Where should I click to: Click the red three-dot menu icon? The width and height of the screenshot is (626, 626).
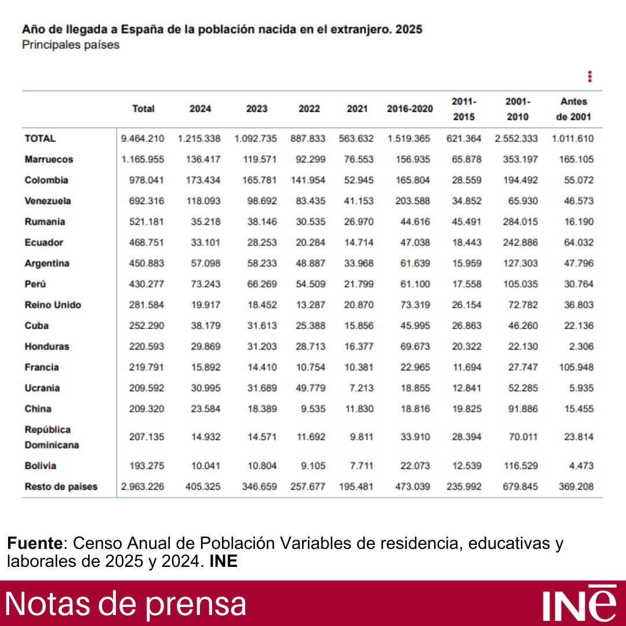[x=589, y=77]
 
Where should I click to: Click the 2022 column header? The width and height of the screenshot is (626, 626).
[x=309, y=108]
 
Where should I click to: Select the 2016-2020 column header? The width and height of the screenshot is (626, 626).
[x=410, y=108]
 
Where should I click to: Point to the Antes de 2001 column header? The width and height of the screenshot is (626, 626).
[x=573, y=109]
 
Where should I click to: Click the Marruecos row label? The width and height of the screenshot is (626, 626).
[x=49, y=159]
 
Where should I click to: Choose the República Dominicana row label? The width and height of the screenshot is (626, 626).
[x=52, y=438]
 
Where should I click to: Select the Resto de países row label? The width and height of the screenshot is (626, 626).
[x=61, y=487]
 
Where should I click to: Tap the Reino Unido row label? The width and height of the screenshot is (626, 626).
[x=53, y=305]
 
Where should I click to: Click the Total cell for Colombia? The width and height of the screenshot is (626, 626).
[x=146, y=180]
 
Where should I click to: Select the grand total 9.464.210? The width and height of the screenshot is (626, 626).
[x=143, y=139]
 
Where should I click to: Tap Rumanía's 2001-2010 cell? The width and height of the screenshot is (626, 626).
[x=520, y=222]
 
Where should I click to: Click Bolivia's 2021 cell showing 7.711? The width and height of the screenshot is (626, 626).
[x=361, y=466]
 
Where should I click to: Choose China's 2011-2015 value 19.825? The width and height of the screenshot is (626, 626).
[x=467, y=409]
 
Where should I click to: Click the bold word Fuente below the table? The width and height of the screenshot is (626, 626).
[x=34, y=544]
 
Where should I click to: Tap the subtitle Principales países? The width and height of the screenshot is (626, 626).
[x=71, y=45]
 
